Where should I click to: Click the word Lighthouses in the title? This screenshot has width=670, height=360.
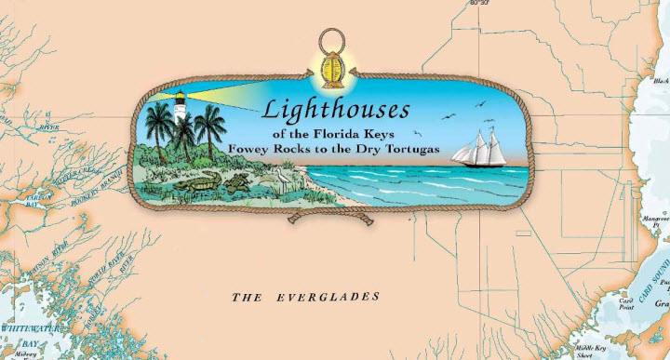click(335, 110)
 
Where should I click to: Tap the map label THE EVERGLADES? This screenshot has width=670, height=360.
click(305, 297)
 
